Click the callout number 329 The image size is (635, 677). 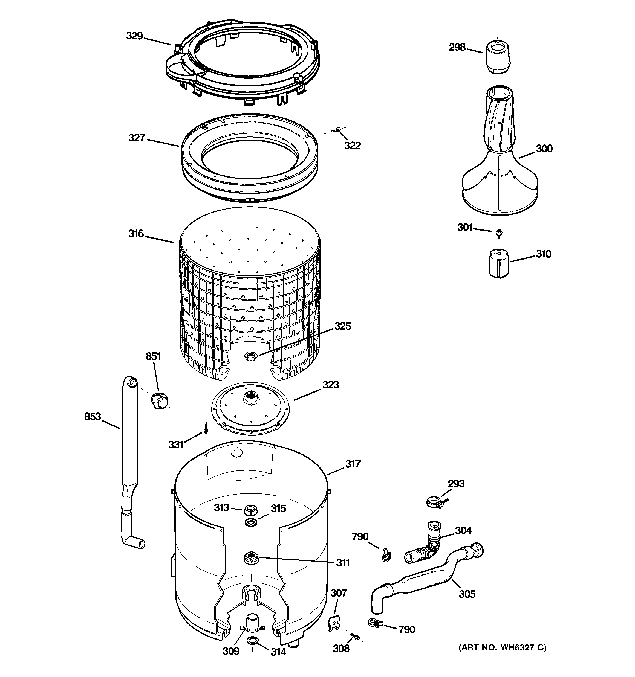(134, 36)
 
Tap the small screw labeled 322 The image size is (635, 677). (337, 129)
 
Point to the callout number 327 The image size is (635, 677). (137, 138)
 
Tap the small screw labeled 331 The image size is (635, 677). (206, 427)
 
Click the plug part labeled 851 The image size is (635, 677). (160, 400)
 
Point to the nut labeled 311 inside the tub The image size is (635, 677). (251, 558)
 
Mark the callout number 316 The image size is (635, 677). (136, 234)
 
